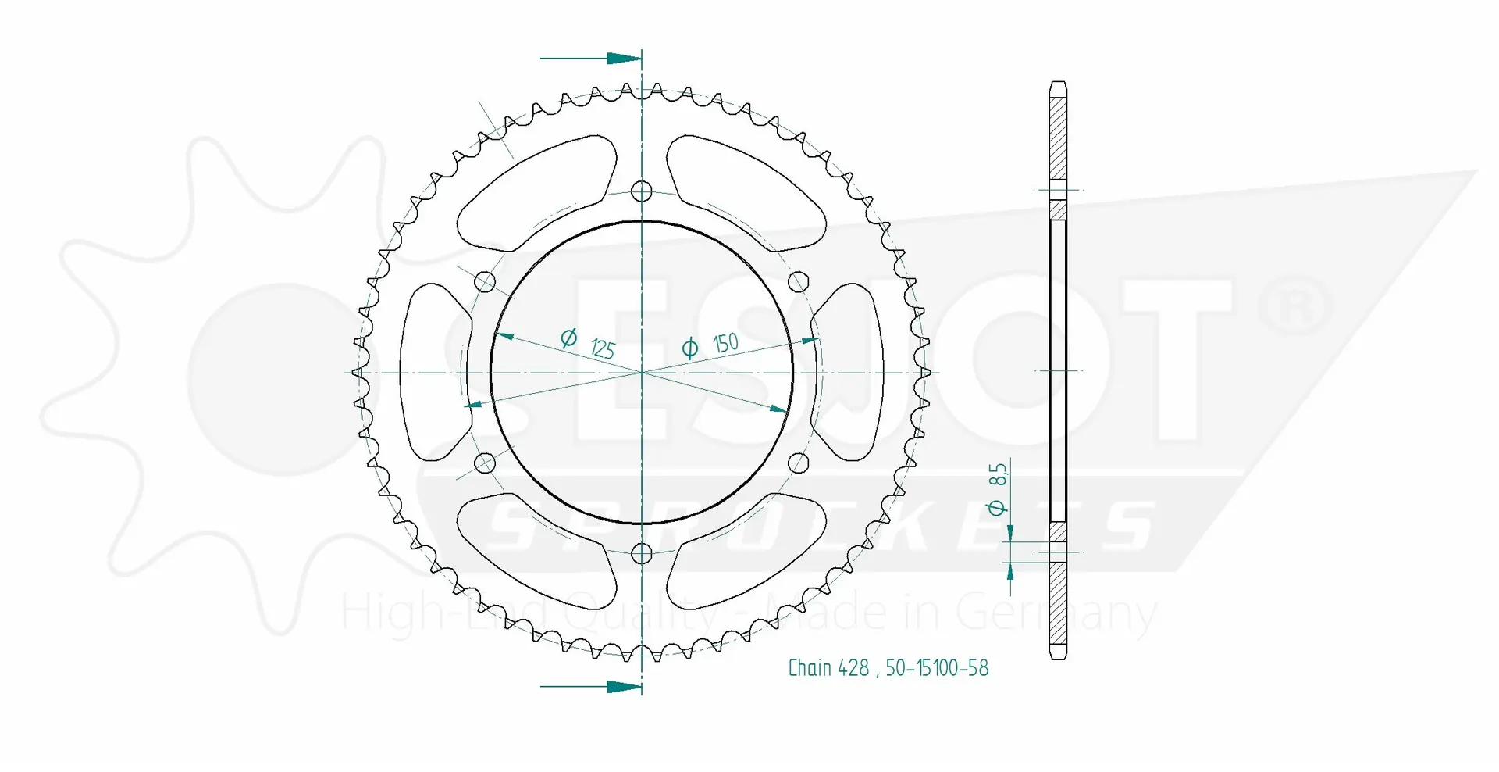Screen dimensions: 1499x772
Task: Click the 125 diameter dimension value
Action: point(603,348)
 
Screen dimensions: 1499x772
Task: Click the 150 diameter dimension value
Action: point(725,342)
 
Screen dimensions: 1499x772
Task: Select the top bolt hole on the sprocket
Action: point(642,191)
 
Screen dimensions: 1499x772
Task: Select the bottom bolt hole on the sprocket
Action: point(642,554)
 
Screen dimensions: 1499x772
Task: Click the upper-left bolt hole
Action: point(485,281)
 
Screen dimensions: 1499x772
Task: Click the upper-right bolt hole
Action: point(799,281)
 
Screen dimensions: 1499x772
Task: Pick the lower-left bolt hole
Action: point(485,463)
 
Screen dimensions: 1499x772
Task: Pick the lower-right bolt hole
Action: point(799,463)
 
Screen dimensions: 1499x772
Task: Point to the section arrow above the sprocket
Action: point(590,59)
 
